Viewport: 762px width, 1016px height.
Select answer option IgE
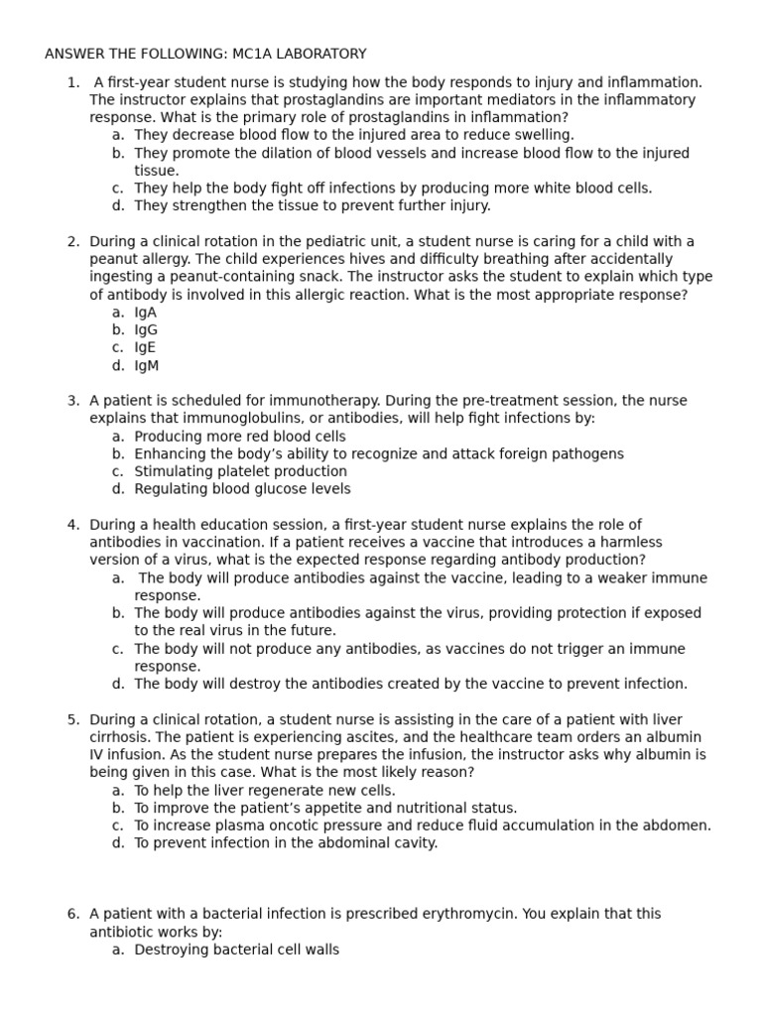click(x=145, y=348)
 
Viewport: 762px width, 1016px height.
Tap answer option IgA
click(x=145, y=313)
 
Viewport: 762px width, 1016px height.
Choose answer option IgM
click(x=146, y=366)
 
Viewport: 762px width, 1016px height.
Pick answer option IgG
click(x=146, y=330)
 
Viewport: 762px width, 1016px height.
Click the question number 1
click(x=72, y=82)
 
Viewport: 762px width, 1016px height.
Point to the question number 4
click(x=72, y=525)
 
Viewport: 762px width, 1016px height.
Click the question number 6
click(x=72, y=914)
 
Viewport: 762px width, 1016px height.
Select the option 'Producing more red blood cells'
click(x=240, y=437)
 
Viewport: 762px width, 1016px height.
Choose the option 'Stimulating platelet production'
click(x=240, y=472)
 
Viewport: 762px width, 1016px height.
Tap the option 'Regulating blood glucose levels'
click(x=242, y=489)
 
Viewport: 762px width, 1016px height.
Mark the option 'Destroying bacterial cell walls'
click(x=236, y=950)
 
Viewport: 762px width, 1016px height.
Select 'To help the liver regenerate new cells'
click(x=264, y=791)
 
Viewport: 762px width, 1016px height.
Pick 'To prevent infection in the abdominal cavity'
click(x=286, y=843)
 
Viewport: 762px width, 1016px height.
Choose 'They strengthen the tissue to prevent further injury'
click(x=312, y=206)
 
